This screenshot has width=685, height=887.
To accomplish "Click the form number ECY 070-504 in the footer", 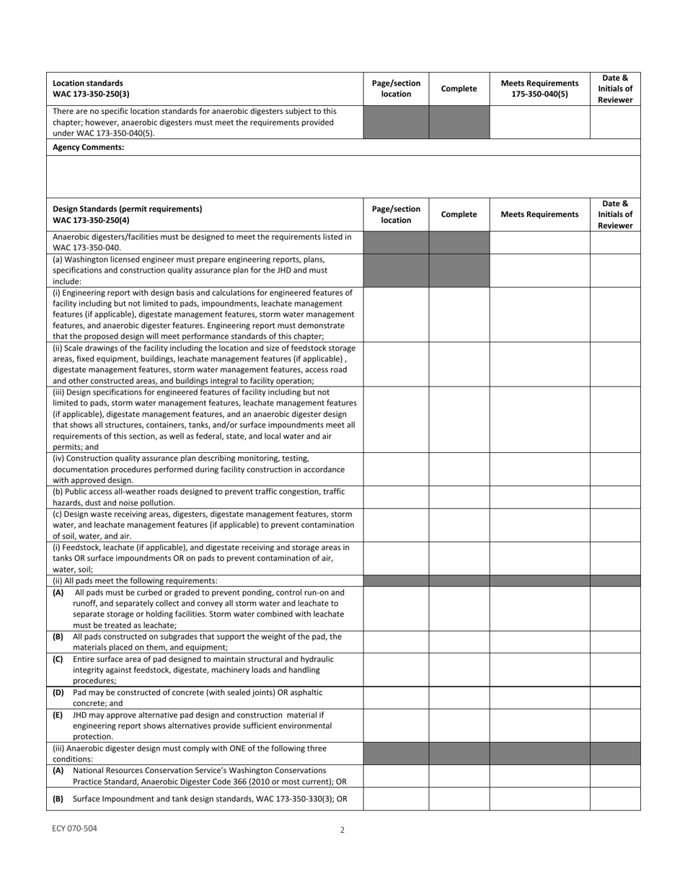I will click(74, 829).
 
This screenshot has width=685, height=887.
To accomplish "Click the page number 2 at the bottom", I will click(342, 830).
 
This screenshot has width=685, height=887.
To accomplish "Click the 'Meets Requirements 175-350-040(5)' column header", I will click(539, 89).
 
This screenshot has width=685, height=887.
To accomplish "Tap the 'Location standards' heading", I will click(88, 83).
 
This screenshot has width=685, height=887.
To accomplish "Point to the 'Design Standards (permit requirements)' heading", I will click(128, 208).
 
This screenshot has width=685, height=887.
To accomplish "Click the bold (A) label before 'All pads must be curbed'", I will click(58, 592).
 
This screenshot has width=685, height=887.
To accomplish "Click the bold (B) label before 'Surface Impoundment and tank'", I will click(58, 798).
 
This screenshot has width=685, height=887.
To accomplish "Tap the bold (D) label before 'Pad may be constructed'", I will click(58, 692).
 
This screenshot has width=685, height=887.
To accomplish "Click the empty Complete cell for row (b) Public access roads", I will click(459, 497).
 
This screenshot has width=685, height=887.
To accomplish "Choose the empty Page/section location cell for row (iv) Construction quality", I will click(396, 469).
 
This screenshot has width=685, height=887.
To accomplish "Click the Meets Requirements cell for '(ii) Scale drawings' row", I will click(539, 364).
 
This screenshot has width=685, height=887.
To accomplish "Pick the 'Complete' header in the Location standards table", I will click(459, 89).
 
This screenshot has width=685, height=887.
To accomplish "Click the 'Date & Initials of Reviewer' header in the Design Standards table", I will click(614, 214).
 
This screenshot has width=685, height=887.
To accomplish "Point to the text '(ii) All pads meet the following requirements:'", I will click(135, 581).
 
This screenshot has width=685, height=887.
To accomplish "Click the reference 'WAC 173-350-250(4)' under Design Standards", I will click(92, 219).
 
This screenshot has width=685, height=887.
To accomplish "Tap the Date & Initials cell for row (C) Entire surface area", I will click(614, 669).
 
